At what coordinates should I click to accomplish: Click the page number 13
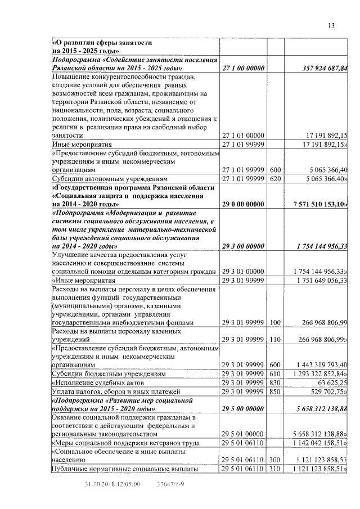pyautogui.click(x=331, y=25)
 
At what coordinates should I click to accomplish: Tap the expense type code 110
pyautogui.click(x=275, y=340)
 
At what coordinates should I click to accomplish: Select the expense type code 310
pyautogui.click(x=275, y=469)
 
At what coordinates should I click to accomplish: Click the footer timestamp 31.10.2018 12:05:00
pyautogui.click(x=112, y=483)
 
